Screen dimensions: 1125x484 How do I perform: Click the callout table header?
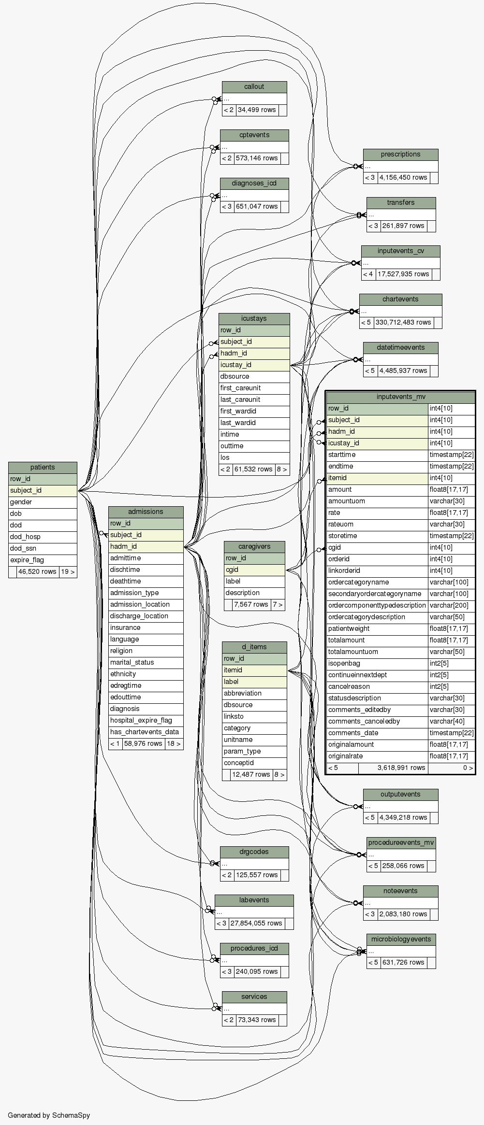click(254, 87)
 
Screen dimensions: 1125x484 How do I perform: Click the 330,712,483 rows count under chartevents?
click(403, 322)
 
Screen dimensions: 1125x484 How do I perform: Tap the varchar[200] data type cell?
click(451, 605)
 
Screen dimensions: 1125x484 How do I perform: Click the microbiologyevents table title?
click(401, 940)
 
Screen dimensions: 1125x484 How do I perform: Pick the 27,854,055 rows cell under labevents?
click(256, 923)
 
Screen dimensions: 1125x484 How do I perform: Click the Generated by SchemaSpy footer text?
click(49, 1115)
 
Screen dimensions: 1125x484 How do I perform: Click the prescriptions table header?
click(400, 155)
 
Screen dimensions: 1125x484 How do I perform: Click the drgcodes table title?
click(254, 852)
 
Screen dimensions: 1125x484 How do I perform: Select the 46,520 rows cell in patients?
click(37, 571)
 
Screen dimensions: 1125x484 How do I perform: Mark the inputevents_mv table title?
click(401, 397)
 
